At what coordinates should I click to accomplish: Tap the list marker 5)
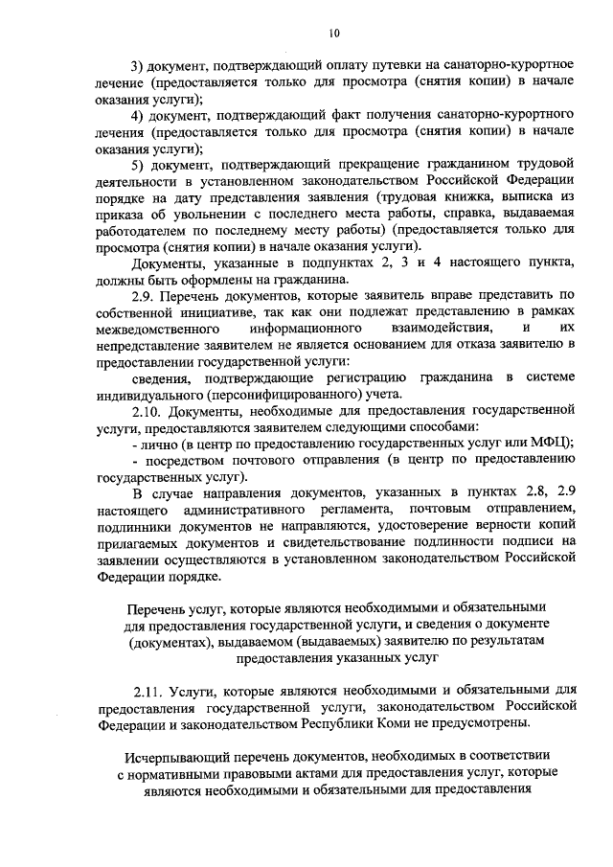pyautogui.click(x=138, y=166)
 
